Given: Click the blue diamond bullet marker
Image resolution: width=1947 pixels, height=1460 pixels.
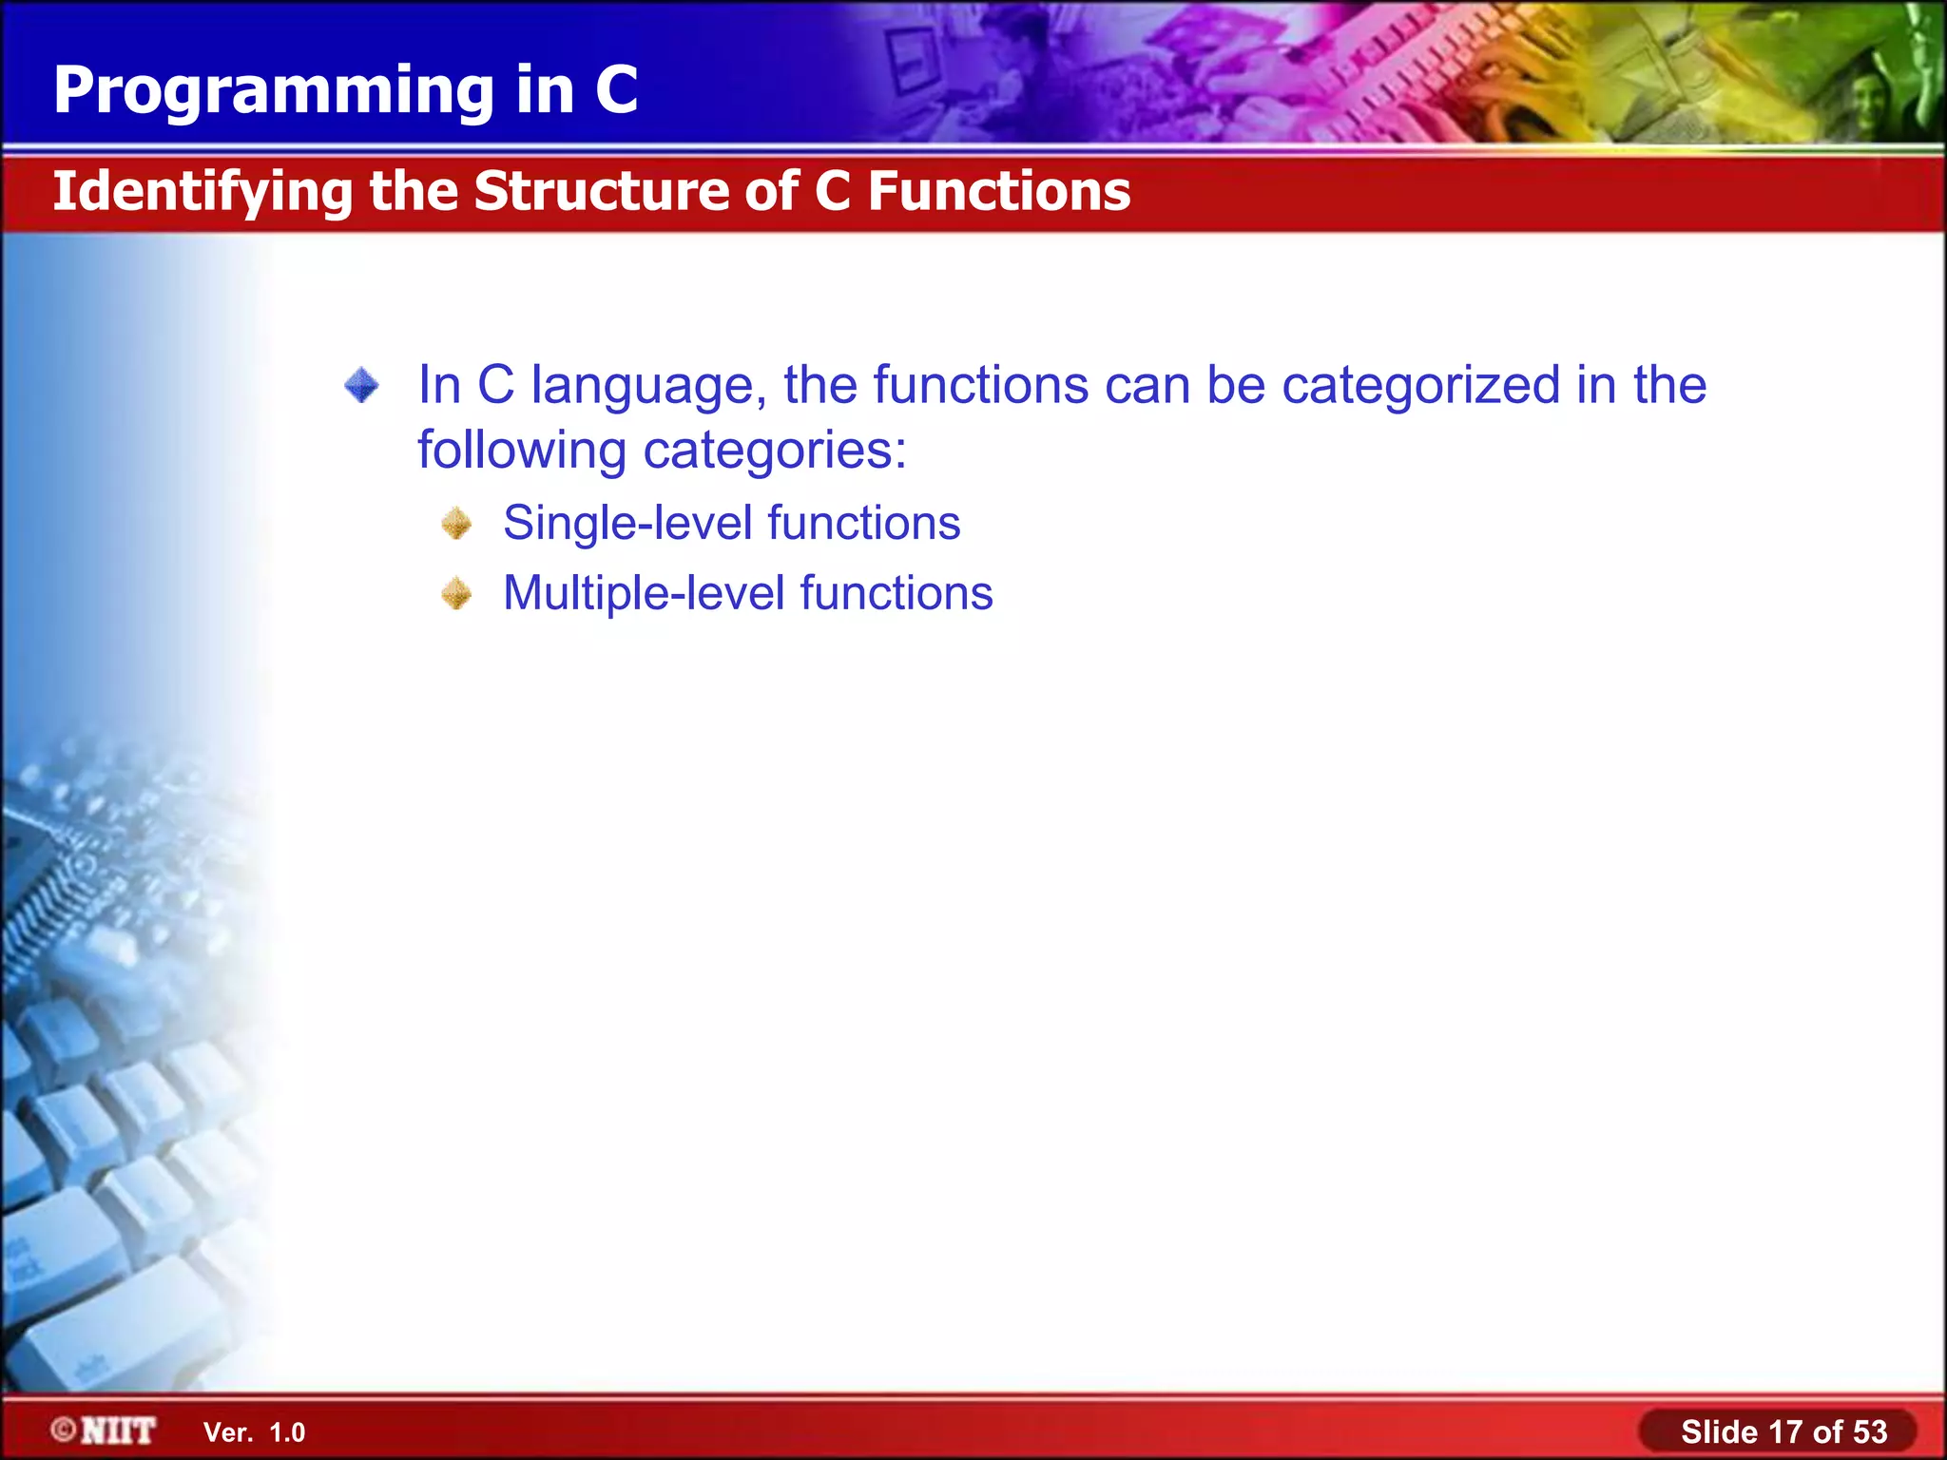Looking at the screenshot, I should coord(361,386).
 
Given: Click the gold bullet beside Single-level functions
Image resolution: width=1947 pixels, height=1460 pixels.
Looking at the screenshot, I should coord(457,524).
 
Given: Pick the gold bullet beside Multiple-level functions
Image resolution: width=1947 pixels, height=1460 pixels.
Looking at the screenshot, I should coord(457,594).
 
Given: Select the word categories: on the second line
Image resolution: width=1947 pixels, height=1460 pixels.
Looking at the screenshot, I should coord(775,451).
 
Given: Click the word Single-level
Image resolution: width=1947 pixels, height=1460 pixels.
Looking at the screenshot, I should coord(627,524).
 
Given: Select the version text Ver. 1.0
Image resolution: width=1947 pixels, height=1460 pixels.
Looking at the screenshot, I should coord(254,1432).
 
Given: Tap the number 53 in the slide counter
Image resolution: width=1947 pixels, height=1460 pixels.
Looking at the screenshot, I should coord(1869,1431).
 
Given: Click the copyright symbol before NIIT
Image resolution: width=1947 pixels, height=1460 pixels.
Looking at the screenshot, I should coord(64,1430).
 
